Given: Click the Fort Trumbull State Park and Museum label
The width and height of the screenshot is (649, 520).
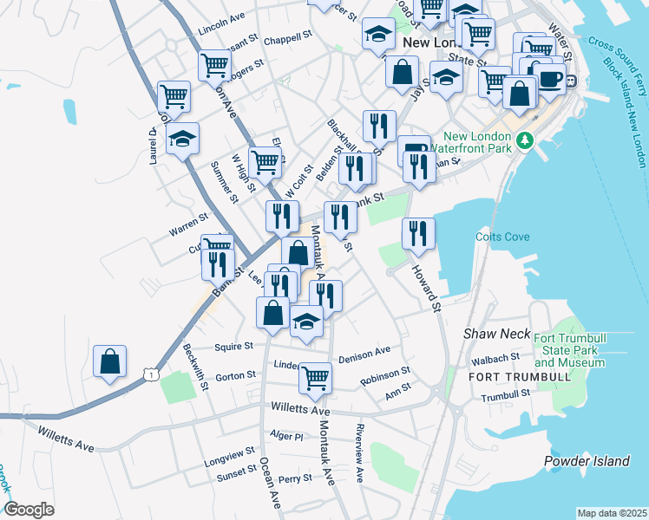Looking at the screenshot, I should coord(568,349).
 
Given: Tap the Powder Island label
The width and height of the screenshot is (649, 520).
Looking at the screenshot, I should coord(587,461).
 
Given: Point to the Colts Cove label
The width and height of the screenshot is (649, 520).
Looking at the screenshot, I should coord(497,237).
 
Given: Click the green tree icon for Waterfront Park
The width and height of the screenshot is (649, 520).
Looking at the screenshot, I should coord(523,140).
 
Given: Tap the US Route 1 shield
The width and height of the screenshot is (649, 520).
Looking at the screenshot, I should coord(152,374).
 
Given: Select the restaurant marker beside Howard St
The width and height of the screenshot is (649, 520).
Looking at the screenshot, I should coord(418,232).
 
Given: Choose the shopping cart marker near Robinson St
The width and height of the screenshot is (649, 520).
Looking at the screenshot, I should coord(315,376).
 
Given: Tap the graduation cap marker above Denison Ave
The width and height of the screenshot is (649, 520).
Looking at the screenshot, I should coord(305,321).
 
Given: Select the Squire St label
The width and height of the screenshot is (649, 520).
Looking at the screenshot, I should coord(234,345).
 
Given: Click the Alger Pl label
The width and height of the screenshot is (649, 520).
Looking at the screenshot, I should coord(286,436).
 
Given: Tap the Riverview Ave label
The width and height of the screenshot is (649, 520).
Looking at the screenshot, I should coord(359,453).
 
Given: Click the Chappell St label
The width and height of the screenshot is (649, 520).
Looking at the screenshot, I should coord(287,37).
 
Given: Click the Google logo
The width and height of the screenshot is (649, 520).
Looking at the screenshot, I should coord(29,510).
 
